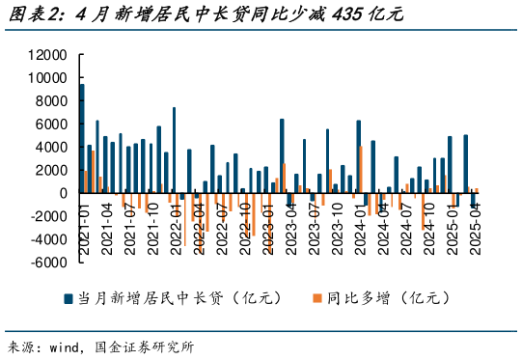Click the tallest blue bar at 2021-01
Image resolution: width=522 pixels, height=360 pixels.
pyautogui.click(x=82, y=138)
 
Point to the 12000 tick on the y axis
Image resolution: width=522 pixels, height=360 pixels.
pyautogui.click(x=44, y=55)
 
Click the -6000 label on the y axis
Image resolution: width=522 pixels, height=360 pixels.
pyautogui.click(x=44, y=263)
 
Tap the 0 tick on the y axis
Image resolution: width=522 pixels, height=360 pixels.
pyautogui.click(x=60, y=193)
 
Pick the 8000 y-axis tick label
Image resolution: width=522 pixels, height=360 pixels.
pyautogui.click(x=47, y=101)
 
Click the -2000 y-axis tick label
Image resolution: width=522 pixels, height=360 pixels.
pyautogui.click(x=44, y=216)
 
